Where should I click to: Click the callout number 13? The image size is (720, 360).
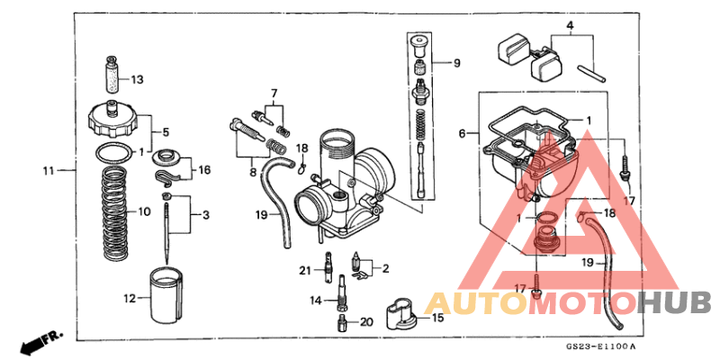[137, 79]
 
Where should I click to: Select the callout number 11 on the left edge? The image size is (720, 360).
[49, 169]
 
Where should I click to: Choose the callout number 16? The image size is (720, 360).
[204, 169]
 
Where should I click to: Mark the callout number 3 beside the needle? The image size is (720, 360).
[208, 215]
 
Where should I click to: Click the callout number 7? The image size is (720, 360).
[275, 93]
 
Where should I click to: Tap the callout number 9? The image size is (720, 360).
[456, 63]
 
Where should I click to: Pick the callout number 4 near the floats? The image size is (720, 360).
[569, 27]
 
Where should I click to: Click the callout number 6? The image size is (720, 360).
[462, 133]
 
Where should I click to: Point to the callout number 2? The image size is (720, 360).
[385, 268]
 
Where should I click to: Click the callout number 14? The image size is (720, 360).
[317, 300]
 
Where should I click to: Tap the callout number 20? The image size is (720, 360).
[365, 322]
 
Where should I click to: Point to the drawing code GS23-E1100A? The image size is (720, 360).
[600, 346]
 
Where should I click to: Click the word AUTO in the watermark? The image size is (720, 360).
[474, 301]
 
